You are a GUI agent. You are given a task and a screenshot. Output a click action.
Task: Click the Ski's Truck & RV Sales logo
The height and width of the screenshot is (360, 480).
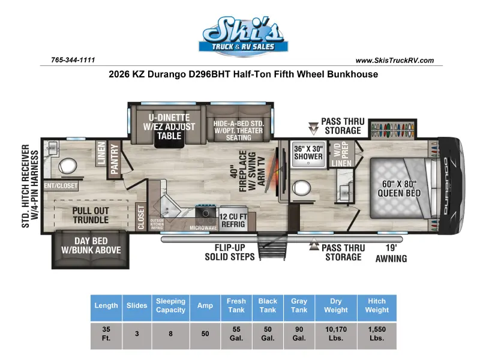click(x=244, y=36)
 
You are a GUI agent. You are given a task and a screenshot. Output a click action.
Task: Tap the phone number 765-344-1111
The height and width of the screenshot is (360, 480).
click(x=73, y=59)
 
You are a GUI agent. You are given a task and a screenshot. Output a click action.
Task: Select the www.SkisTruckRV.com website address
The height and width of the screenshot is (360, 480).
click(x=395, y=61)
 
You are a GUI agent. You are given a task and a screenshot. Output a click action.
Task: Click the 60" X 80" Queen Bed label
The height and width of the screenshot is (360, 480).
click(x=399, y=188)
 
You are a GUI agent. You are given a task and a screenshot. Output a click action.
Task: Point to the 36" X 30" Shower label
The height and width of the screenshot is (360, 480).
click(x=308, y=152)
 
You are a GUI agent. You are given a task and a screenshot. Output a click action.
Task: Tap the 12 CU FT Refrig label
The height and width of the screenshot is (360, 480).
click(x=233, y=220)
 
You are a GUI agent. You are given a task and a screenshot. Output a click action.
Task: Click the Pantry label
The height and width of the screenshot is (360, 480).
click(x=115, y=159)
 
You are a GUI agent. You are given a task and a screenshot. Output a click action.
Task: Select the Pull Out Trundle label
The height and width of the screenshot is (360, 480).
click(x=91, y=215)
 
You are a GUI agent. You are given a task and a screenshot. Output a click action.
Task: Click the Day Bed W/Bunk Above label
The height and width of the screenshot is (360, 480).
click(x=91, y=245)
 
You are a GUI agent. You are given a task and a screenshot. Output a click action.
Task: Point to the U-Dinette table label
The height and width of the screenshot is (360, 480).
click(x=169, y=127)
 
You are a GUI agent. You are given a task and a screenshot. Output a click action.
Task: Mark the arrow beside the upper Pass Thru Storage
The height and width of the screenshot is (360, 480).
click(x=313, y=128)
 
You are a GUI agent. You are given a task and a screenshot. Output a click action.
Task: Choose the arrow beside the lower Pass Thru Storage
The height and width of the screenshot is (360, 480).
click(x=314, y=244)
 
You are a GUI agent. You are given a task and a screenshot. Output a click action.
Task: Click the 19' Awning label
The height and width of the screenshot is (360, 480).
click(x=391, y=253)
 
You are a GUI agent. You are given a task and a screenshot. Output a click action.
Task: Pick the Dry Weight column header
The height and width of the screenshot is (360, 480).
click(x=336, y=305)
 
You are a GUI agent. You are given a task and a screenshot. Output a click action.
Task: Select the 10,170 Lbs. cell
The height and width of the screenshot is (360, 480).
click(x=336, y=334)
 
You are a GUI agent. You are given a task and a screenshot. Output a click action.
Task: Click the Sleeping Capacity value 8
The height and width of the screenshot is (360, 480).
click(x=170, y=334)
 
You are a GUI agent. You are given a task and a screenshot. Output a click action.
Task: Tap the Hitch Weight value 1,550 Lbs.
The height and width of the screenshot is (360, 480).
click(x=377, y=334)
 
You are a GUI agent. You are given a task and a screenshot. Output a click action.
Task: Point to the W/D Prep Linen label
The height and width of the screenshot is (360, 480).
click(x=341, y=155)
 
